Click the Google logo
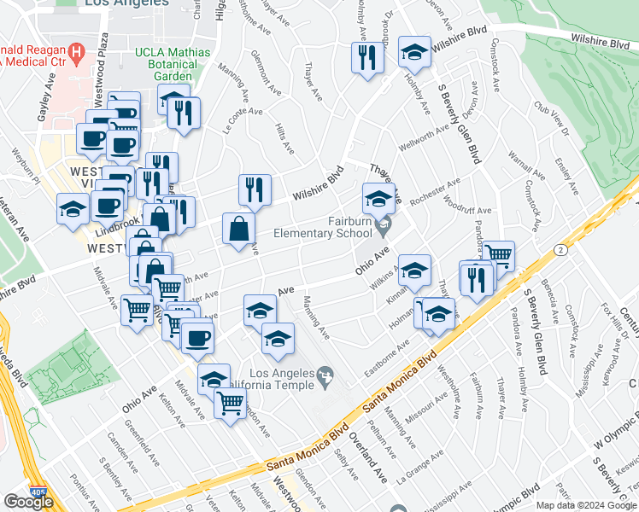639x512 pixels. pos(28,501)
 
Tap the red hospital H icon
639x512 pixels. pos(78,52)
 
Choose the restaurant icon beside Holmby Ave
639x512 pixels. pos(368,58)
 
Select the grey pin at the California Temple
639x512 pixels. pos(325,374)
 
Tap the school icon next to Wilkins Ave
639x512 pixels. pos(414,270)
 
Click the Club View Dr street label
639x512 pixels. pos(551,119)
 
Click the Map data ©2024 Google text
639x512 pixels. pos(585,505)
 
